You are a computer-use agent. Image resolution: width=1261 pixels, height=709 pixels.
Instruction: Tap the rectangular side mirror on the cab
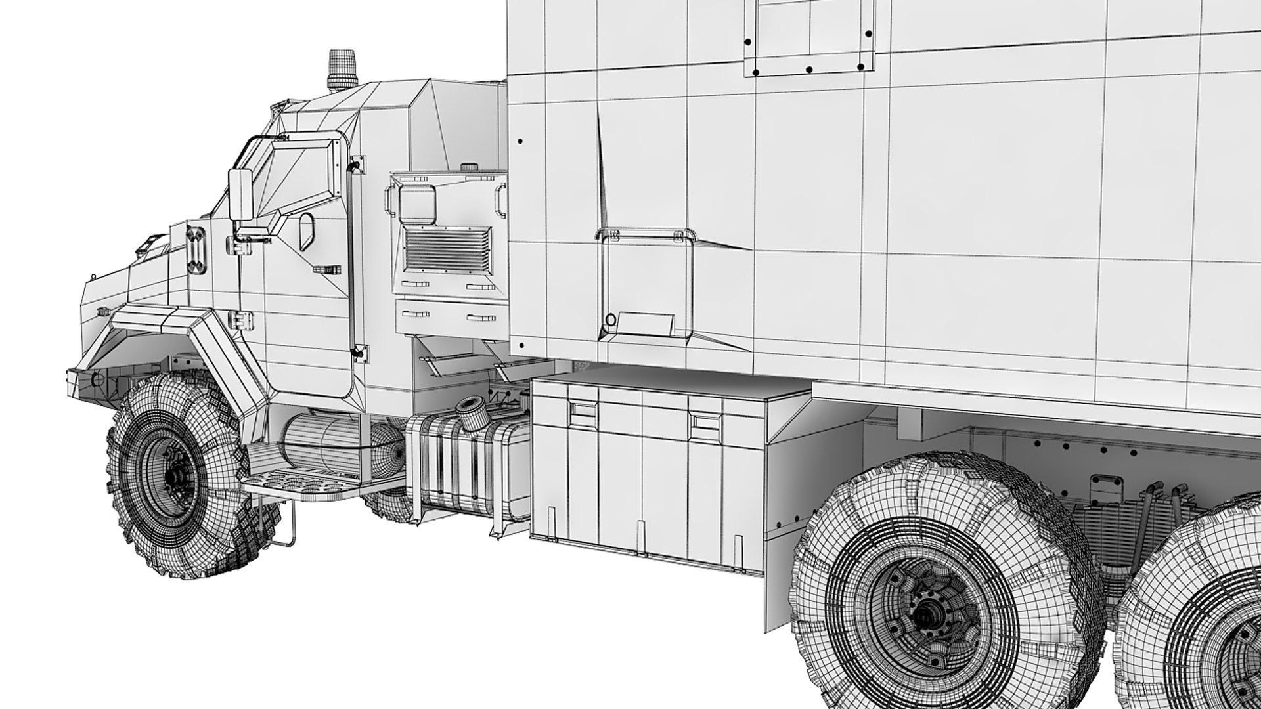[240, 195]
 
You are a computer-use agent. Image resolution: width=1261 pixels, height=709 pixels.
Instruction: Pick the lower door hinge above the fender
[240, 320]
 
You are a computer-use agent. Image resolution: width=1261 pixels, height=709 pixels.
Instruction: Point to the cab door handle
[326, 269]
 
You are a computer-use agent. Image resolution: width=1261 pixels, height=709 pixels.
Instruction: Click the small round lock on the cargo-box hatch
[610, 320]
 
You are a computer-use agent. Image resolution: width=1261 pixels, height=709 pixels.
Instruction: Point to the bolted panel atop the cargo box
[812, 36]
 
